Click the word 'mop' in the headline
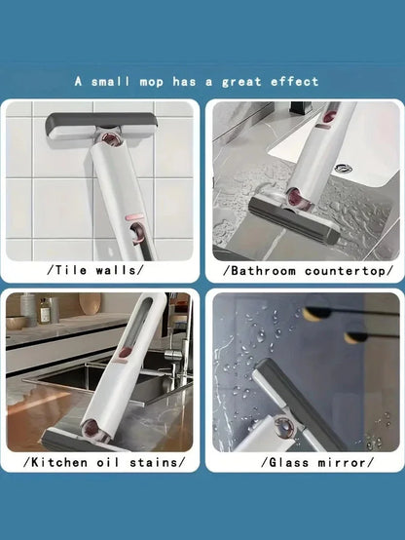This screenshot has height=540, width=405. click(x=152, y=83)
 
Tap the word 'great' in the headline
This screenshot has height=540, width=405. click(x=241, y=82)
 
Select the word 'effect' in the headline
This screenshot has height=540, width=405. click(x=295, y=82)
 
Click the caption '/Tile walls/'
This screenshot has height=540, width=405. click(x=95, y=270)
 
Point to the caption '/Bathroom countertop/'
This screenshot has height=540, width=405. click(x=308, y=271)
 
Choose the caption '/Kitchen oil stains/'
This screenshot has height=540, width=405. click(x=104, y=462)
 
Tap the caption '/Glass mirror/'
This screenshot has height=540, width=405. click(x=317, y=462)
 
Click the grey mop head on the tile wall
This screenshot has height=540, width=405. click(x=102, y=126)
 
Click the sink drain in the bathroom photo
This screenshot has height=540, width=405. click(x=343, y=168)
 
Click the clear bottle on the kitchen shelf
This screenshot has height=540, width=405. click(x=45, y=311)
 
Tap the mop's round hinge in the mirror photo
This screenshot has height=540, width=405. click(x=285, y=425)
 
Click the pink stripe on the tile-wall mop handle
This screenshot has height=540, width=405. click(x=133, y=217)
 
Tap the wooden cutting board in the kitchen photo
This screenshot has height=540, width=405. click(x=90, y=303)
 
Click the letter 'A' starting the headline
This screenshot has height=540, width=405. click(x=79, y=81)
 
